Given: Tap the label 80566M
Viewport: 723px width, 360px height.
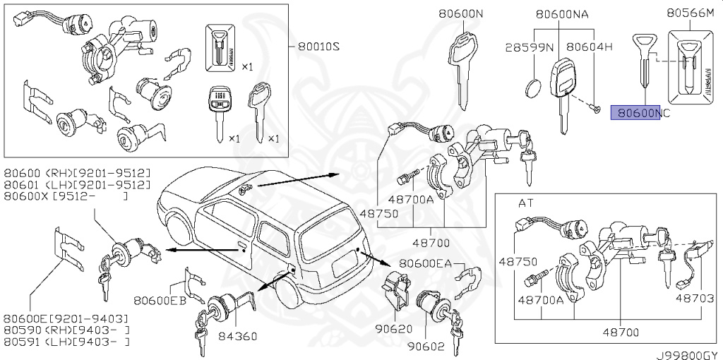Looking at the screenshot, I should [x=692, y=12].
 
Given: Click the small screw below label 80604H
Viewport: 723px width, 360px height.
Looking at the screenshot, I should [x=596, y=108].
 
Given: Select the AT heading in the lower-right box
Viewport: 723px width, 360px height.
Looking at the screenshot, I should [x=526, y=203].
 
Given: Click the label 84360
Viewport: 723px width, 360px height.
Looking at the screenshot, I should [x=243, y=336].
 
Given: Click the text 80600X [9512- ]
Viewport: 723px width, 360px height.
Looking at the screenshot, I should [x=66, y=196].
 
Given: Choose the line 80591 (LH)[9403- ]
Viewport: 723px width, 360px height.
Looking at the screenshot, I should [x=67, y=342].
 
